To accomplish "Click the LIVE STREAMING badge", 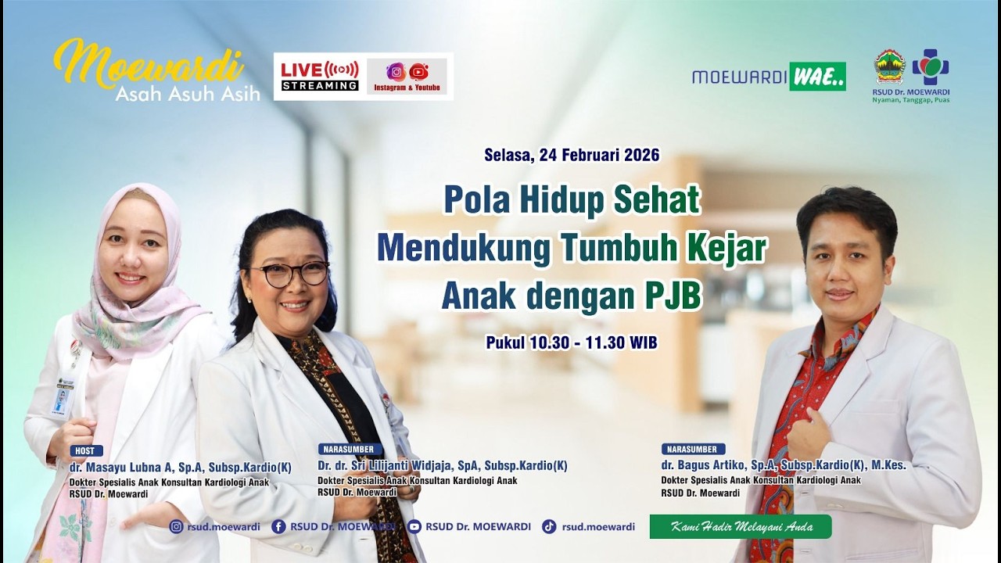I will (x=320, y=76).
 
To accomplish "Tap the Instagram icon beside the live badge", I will (x=396, y=72).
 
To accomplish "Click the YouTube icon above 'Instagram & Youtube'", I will (x=419, y=72).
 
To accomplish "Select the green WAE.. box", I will (x=817, y=77).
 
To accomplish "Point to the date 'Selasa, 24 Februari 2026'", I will (x=572, y=155).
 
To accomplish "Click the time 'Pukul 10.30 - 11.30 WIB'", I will (x=571, y=342).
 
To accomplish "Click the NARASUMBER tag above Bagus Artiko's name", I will (x=693, y=449).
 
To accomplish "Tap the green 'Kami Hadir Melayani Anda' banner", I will (x=741, y=526).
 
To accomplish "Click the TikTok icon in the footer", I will (x=549, y=527).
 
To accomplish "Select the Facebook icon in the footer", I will (x=278, y=527).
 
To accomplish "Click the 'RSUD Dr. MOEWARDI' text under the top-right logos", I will (x=911, y=92).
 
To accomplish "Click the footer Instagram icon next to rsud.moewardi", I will (x=176, y=527).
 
